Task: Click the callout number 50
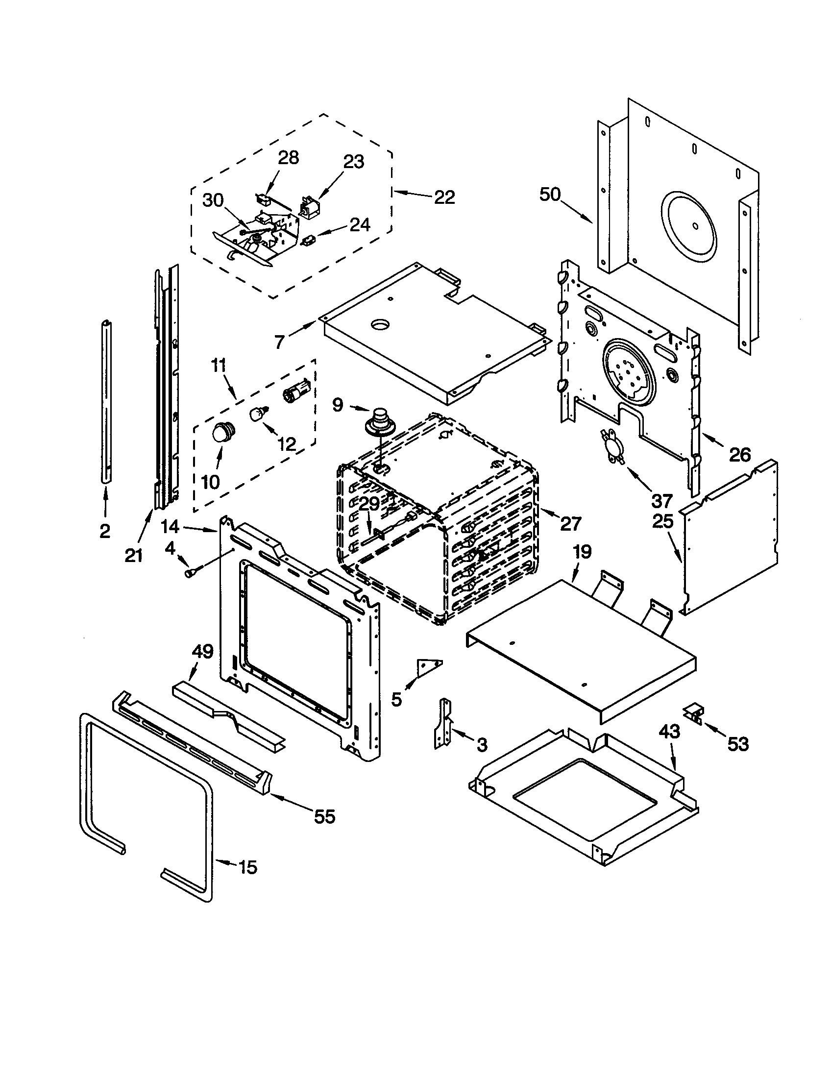pyautogui.click(x=550, y=194)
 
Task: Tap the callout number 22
pyautogui.click(x=444, y=197)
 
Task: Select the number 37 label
pyautogui.click(x=662, y=501)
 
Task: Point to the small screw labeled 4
pyautogui.click(x=190, y=572)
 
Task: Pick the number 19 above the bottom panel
pyautogui.click(x=582, y=551)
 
